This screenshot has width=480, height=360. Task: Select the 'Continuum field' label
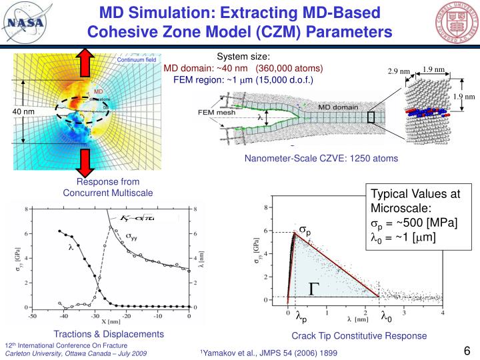click(x=136, y=60)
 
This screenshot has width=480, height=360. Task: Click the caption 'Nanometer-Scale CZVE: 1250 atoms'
click(x=321, y=159)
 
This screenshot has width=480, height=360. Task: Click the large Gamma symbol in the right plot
click(x=314, y=289)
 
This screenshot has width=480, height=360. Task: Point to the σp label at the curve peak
click(x=305, y=230)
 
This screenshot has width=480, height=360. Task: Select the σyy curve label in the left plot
click(x=135, y=235)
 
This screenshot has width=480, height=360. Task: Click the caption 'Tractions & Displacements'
click(x=108, y=334)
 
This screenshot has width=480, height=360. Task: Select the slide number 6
click(x=467, y=350)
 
